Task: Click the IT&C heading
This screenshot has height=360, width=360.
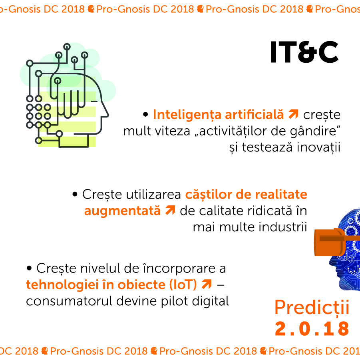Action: pos(304,52)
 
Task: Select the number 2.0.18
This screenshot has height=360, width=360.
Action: pos(312,328)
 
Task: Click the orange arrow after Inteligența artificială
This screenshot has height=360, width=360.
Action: pos(293,114)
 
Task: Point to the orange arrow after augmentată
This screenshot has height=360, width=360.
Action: pos(170,210)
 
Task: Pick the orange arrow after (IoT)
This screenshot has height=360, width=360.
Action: pos(207,284)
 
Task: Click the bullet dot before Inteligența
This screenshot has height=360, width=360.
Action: pos(145,114)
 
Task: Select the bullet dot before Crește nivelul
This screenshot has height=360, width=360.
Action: pos(29,268)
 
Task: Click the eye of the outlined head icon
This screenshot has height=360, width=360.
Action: pos(94,101)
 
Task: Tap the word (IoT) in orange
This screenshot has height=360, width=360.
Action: pos(183,285)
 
